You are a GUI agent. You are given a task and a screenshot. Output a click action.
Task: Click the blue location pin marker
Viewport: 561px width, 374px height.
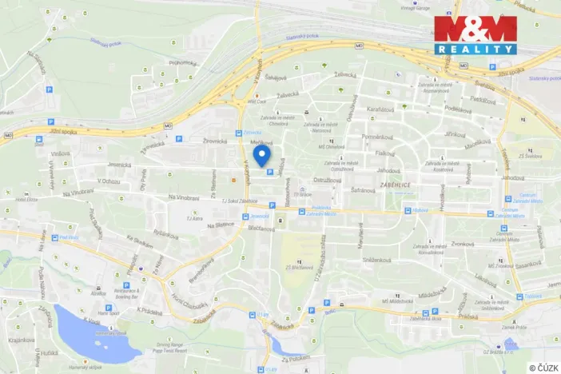tap(261, 154)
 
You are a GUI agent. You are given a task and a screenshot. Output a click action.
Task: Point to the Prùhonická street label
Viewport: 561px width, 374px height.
tap(181, 62)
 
